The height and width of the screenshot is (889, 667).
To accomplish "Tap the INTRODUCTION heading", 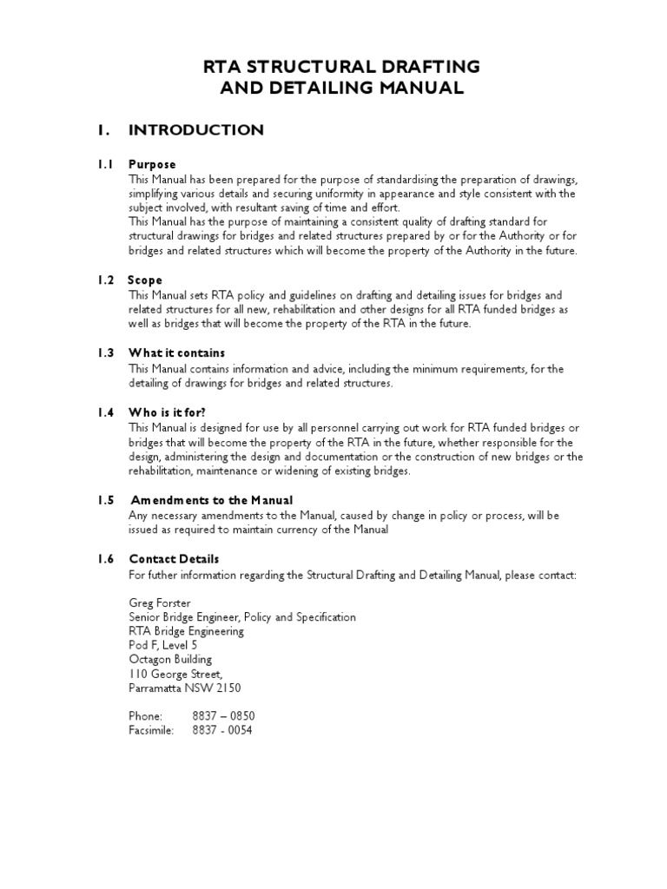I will [195, 130].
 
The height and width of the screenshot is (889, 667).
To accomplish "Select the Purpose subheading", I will [152, 164].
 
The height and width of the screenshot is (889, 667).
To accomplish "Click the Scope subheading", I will [145, 280].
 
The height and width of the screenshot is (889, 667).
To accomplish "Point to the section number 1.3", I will [106, 353].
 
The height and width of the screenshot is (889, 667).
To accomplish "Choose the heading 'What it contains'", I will [176, 353].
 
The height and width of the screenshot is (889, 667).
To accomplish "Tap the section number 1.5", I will [106, 500].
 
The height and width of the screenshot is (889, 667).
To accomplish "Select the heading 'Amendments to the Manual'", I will [212, 500].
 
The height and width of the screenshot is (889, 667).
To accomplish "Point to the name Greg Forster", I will [159, 602].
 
